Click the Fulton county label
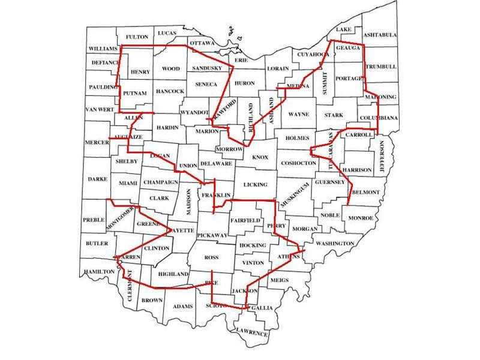(x=137, y=37)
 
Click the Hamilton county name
(x=99, y=272)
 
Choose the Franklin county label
(x=216, y=196)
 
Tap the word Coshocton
(x=295, y=163)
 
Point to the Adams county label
(x=182, y=307)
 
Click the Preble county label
(x=93, y=219)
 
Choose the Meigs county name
(x=280, y=280)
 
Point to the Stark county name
(x=334, y=114)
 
